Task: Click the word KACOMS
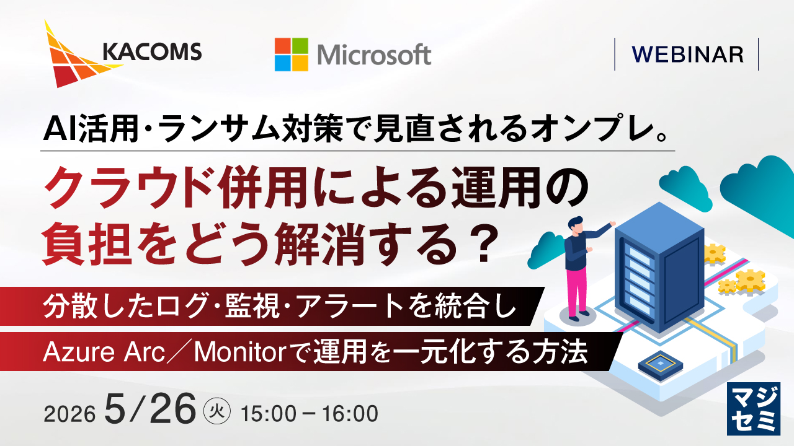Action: pyautogui.click(x=152, y=51)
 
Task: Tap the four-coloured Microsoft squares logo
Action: pyautogui.click(x=292, y=55)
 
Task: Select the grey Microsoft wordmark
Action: pyautogui.click(x=374, y=55)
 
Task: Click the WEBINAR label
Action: pyautogui.click(x=687, y=55)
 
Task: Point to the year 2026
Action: pyautogui.click(x=69, y=414)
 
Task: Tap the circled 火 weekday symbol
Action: pyautogui.click(x=217, y=412)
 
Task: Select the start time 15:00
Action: pyautogui.click(x=269, y=414)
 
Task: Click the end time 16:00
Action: pyautogui.click(x=350, y=414)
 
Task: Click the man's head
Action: pyautogui.click(x=575, y=225)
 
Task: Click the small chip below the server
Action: pyautogui.click(x=661, y=365)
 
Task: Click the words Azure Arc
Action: pyautogui.click(x=104, y=352)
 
